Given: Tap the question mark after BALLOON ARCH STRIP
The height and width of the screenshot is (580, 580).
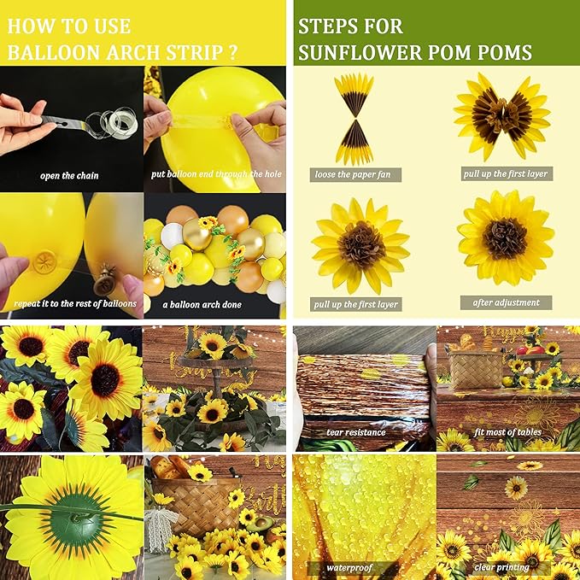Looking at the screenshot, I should point(233,51).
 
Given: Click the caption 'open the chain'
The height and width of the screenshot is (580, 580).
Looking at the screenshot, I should point(69,176).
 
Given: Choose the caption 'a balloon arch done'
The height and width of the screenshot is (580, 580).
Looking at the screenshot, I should point(202,304).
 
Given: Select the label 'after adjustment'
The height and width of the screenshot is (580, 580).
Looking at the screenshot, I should point(506,302).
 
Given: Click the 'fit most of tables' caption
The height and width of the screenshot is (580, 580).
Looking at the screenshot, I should point(505,432).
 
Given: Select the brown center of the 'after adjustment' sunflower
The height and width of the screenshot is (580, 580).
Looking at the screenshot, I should point(505,238).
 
